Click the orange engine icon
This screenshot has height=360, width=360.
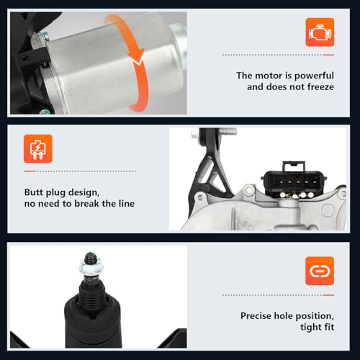point(320,32)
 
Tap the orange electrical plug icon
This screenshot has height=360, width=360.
point(38,149)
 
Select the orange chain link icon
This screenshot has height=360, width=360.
point(320,271)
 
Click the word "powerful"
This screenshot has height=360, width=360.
point(314,76)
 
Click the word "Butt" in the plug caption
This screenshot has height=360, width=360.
point(34,192)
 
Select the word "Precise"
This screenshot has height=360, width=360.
point(256,316)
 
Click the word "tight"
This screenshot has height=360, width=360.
point(310,327)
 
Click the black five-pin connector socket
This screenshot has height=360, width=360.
point(294,181)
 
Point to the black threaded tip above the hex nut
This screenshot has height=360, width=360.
point(91,258)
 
